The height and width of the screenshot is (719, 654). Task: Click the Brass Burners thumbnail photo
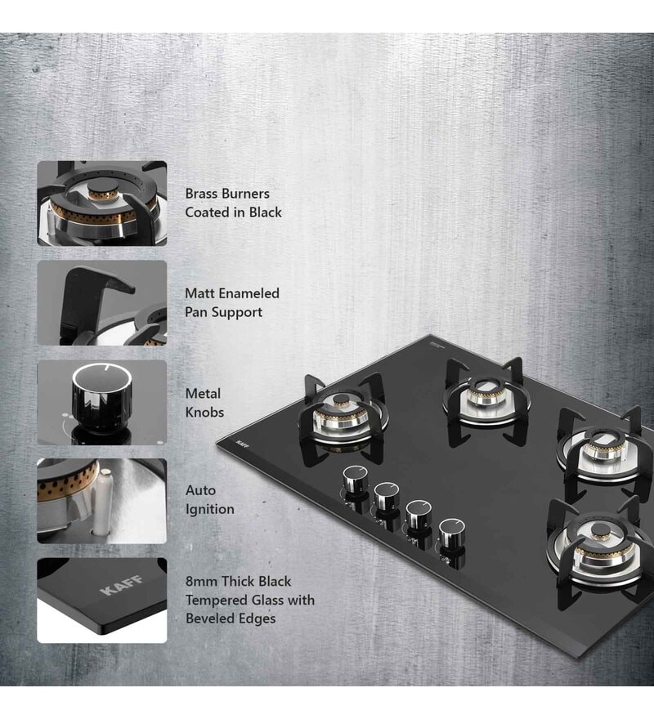coord(101,203)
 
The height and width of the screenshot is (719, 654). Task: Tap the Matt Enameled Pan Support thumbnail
coord(101,303)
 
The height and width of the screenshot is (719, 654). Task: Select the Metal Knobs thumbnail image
coord(101,402)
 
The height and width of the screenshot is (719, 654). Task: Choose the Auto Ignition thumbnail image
coord(101,501)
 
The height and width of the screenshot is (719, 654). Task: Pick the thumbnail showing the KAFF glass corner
coord(101,601)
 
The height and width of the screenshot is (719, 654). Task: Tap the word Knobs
coord(204,413)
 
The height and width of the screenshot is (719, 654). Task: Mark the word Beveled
coord(212,619)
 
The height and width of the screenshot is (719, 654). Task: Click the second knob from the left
coord(387,496)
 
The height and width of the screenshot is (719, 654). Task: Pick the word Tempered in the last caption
coord(219,600)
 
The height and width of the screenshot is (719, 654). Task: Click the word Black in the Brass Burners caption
coord(265,212)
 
